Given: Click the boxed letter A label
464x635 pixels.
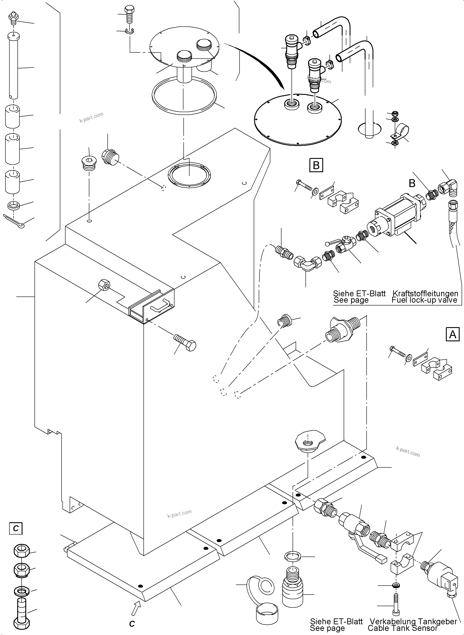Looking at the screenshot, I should click(x=452, y=334).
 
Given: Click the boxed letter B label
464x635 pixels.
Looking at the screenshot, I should click(x=316, y=165).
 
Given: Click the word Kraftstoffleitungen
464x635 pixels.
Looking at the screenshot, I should click(x=425, y=293).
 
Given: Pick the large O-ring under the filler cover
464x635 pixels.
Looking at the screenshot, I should click(x=184, y=95).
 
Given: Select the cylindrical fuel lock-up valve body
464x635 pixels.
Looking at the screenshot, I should click(x=393, y=217).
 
